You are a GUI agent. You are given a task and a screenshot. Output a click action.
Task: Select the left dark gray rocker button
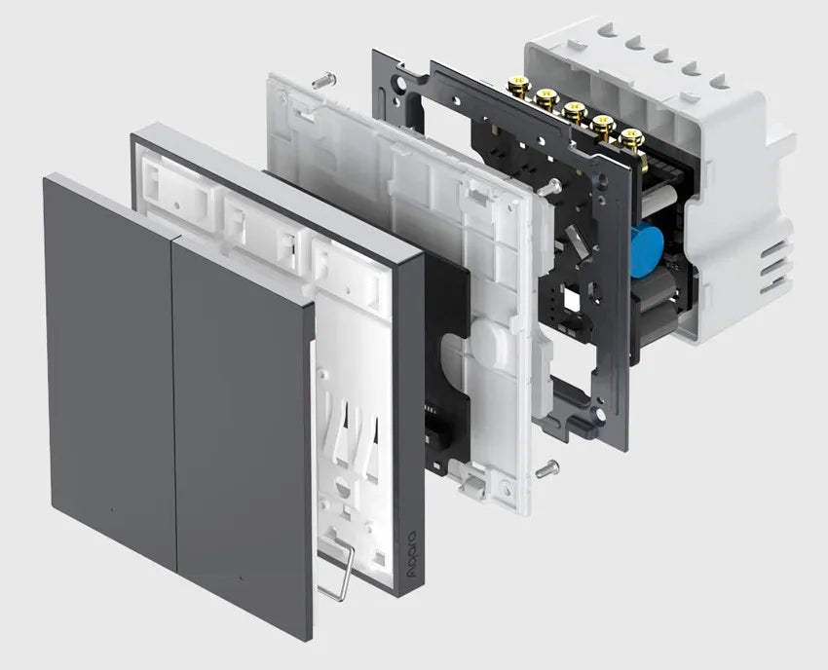110,360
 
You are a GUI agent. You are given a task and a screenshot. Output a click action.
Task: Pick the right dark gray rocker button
243,437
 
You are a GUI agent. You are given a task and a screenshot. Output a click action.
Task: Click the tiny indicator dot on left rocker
112,509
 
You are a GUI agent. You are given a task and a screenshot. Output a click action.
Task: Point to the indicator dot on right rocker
241,578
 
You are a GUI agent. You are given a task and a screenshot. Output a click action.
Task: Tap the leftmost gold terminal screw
516,84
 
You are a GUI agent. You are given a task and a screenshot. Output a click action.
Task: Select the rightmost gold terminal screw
629,139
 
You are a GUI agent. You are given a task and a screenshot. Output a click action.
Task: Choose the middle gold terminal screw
573,111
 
